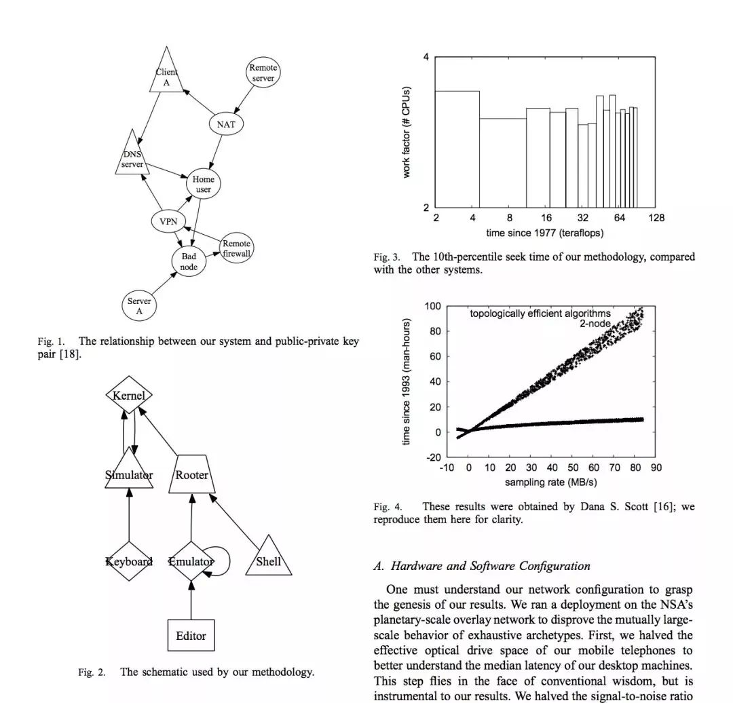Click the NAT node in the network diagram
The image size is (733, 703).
pyautogui.click(x=226, y=124)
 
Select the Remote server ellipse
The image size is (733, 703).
pyautogui.click(x=263, y=73)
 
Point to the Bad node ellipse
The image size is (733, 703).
pyautogui.click(x=189, y=261)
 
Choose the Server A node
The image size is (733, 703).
pyautogui.click(x=139, y=306)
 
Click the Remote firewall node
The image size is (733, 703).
pyautogui.click(x=236, y=248)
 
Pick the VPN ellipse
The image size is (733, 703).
pyautogui.click(x=168, y=222)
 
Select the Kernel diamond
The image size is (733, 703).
pyautogui.click(x=129, y=395)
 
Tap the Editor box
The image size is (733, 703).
pyautogui.click(x=191, y=636)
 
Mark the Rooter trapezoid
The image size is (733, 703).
pyautogui.click(x=192, y=475)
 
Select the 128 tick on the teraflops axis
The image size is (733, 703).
pyautogui.click(x=656, y=218)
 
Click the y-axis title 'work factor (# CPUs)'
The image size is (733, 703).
pyautogui.click(x=407, y=132)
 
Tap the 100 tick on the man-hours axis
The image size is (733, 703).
pyautogui.click(x=432, y=306)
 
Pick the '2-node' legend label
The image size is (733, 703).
pyautogui.click(x=595, y=324)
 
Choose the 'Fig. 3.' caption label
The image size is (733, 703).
pyautogui.click(x=387, y=257)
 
